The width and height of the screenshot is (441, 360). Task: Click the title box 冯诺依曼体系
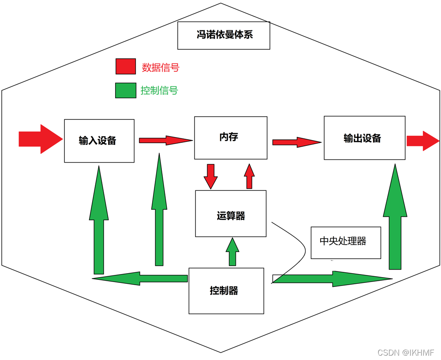point(224,35)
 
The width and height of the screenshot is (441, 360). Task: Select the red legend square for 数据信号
point(126,67)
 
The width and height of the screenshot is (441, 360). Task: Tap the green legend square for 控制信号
point(126,90)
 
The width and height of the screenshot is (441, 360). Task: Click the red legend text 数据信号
point(161,67)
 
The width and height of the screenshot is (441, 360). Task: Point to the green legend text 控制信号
point(159,91)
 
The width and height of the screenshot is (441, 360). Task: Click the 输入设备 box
point(99,141)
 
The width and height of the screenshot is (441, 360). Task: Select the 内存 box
point(231,137)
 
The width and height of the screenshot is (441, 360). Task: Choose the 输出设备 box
point(364,137)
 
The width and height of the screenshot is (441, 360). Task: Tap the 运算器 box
point(231,214)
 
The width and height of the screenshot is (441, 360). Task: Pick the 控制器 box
point(226,291)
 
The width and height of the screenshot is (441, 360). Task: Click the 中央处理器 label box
point(345,242)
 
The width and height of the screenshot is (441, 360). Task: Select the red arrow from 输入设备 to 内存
point(165,141)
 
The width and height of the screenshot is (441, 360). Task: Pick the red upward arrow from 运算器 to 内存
point(250,176)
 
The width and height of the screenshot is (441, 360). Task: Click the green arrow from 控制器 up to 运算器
point(232,252)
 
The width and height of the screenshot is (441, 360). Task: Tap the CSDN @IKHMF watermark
point(406,353)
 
